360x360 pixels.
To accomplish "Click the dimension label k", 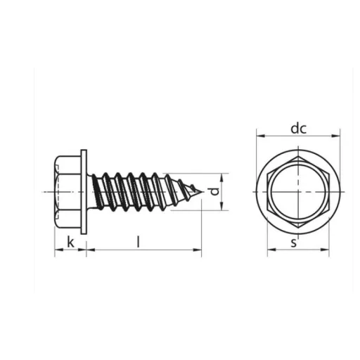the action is pos(70,242).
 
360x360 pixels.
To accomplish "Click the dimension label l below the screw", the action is pos(139,242).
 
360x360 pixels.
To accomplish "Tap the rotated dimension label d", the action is pos(214,191).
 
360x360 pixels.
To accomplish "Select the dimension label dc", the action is pos(298,129).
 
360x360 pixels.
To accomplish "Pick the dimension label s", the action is pos(294,243).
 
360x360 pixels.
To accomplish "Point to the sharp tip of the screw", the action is pos(202,192).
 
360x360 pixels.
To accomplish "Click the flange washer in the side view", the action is pos(84,192).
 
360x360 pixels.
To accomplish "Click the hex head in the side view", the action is pos(67,192).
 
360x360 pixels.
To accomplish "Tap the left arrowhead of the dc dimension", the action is pos(261,136).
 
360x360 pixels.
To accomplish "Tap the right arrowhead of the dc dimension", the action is pos(335,136).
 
